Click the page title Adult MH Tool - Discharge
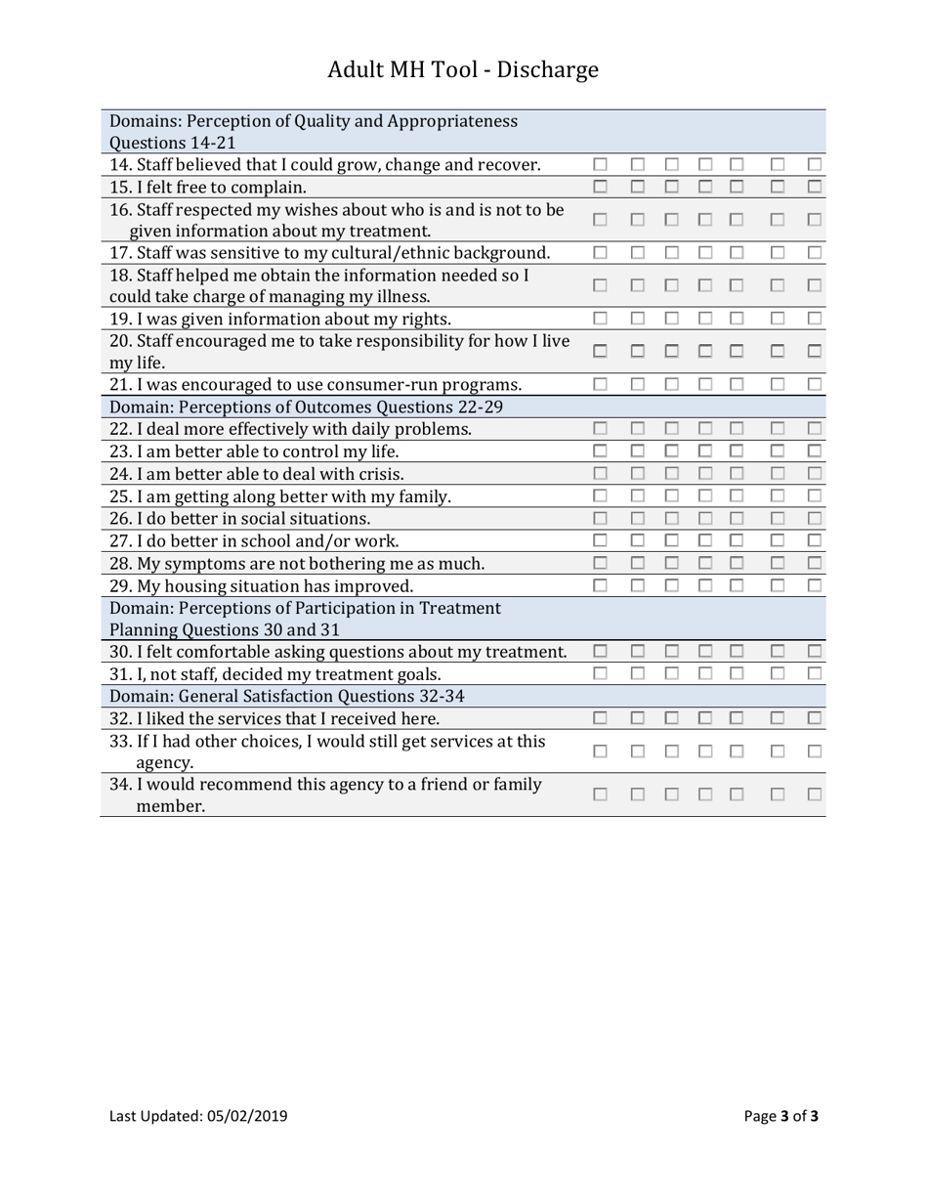[x=463, y=70]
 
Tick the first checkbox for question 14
[x=601, y=165]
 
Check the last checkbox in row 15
[x=815, y=187]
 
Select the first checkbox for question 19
[x=601, y=319]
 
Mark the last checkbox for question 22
[x=815, y=428]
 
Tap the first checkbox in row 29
[x=601, y=585]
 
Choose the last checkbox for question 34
[x=815, y=795]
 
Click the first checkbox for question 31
[x=601, y=673]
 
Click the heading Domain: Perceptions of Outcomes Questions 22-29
[x=306, y=407]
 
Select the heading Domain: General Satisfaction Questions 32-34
[x=287, y=696]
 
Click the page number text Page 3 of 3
[x=780, y=1116]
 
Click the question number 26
[x=120, y=519]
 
